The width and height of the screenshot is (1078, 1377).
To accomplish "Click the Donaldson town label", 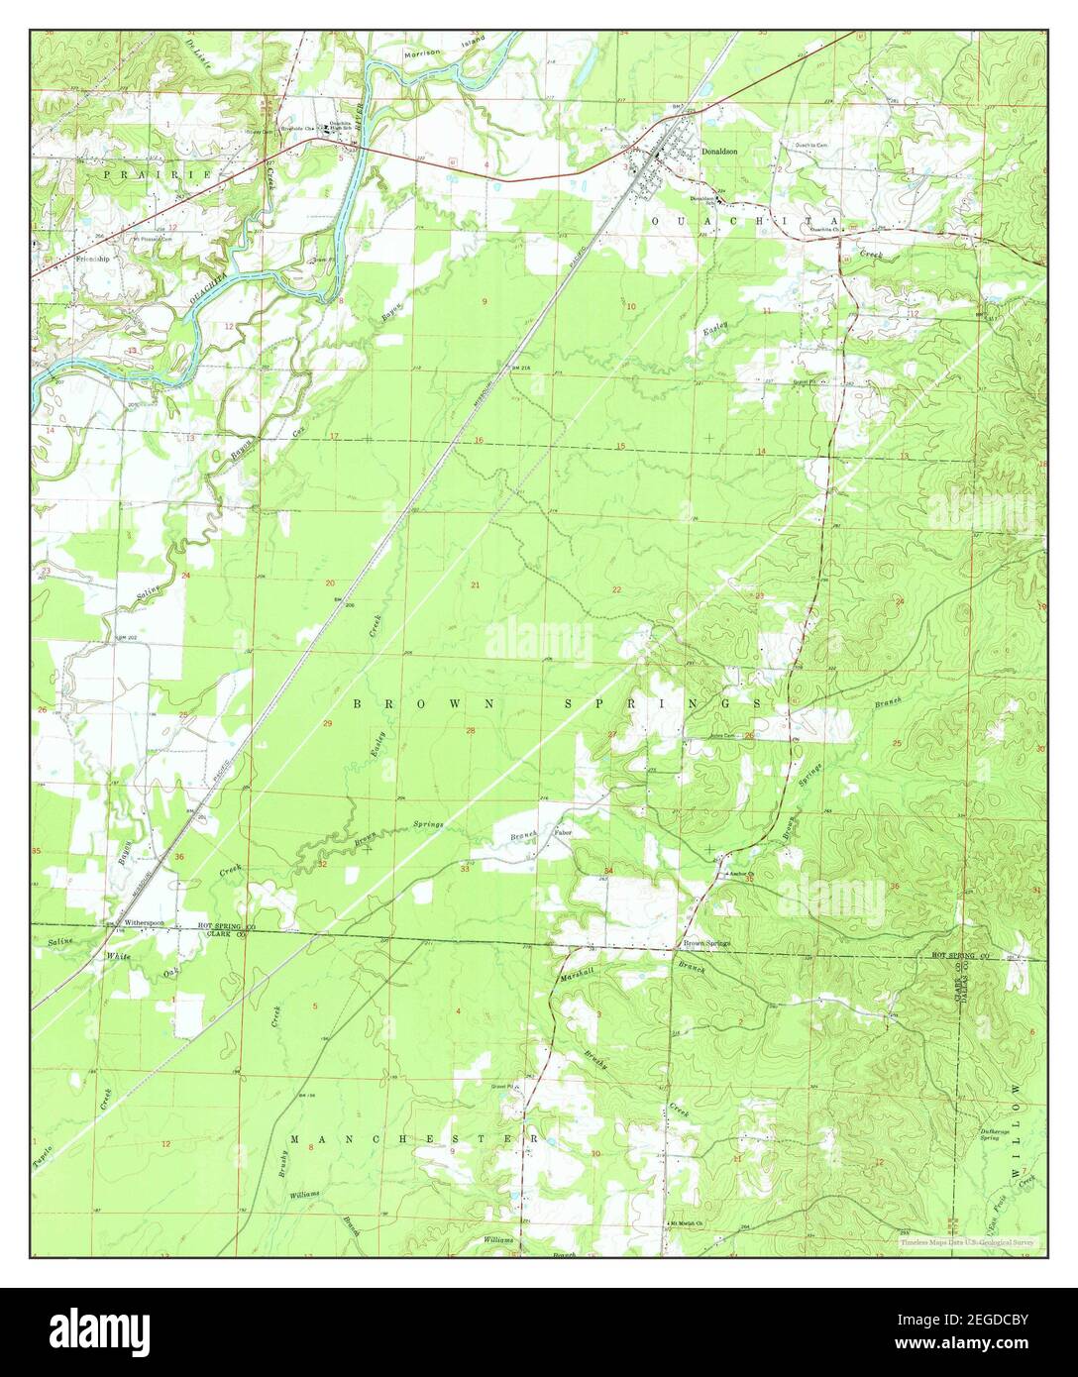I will tap(720, 152).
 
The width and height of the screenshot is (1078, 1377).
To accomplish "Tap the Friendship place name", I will tap(93, 259).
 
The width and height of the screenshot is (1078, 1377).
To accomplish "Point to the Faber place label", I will tap(563, 832).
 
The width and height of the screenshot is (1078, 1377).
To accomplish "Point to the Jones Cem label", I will tap(723, 735).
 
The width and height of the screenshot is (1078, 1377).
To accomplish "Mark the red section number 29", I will tap(328, 724).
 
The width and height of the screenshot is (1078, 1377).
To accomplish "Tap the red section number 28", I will tap(471, 732).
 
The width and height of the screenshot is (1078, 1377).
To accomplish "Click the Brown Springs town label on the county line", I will tap(704, 943).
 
